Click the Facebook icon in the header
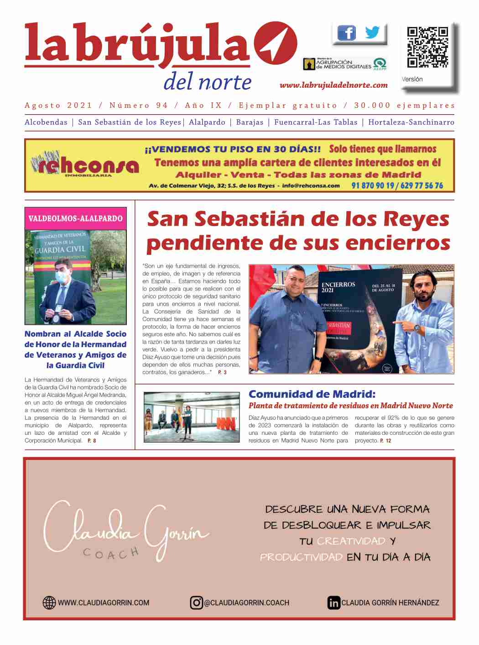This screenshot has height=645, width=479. click(x=347, y=33)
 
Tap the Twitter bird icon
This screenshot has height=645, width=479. click(x=372, y=32)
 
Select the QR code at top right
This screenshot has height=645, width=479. click(x=427, y=47)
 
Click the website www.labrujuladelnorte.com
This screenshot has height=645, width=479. click(x=333, y=85)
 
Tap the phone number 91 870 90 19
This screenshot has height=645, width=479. click(x=373, y=185)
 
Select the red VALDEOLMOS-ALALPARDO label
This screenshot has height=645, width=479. click(x=75, y=218)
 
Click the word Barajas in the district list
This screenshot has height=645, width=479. click(x=250, y=122)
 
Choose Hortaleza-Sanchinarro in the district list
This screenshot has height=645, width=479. click(x=411, y=122)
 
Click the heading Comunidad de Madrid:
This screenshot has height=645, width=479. click(x=312, y=394)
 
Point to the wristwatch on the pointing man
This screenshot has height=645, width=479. click(x=417, y=328)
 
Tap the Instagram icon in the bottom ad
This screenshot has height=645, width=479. click(x=197, y=603)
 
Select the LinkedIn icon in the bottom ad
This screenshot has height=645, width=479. click(x=333, y=603)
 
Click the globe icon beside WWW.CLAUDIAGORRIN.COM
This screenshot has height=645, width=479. click(x=49, y=603)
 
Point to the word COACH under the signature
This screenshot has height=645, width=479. click(x=111, y=554)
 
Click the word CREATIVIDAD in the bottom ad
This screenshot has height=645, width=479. click(x=351, y=541)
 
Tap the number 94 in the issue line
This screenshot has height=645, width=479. click(x=162, y=106)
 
